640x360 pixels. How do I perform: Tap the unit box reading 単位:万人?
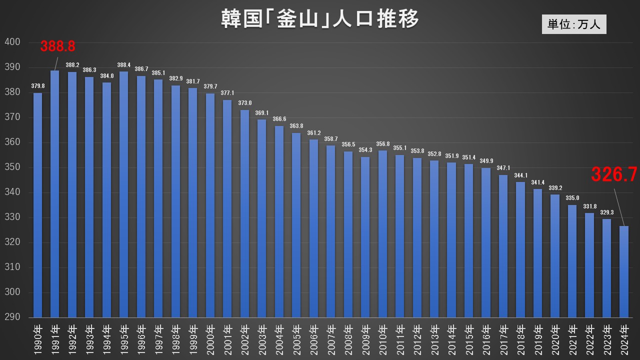(573, 24)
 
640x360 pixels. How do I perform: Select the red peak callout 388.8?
(58, 46)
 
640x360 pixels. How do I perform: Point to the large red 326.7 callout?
(614, 174)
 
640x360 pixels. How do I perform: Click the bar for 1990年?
(37, 205)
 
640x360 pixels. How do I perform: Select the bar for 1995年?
(124, 194)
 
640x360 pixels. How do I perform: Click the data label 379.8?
(37, 86)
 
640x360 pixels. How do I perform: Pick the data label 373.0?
(244, 103)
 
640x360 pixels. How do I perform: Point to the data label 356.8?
(382, 144)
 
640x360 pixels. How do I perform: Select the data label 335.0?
(572, 198)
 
